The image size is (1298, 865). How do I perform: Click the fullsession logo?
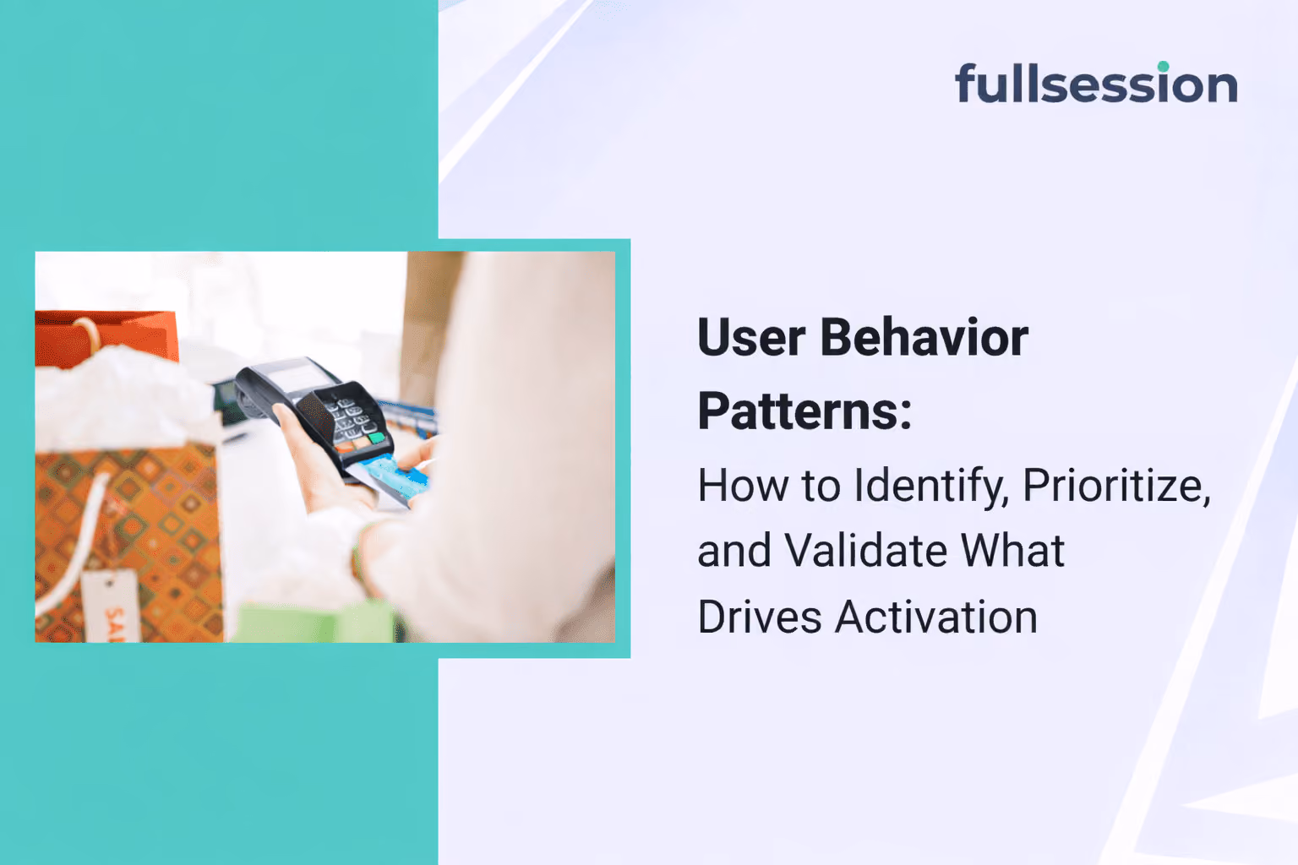[1096, 82]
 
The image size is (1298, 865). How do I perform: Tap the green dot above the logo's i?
[1163, 66]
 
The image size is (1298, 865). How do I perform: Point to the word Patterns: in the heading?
[804, 411]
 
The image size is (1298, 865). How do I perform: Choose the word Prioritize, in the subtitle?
[1116, 486]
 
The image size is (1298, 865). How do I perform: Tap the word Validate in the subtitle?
[865, 551]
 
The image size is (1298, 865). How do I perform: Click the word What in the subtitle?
[1013, 551]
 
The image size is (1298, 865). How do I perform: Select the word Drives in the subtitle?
[760, 617]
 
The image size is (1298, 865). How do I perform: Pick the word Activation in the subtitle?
[935, 617]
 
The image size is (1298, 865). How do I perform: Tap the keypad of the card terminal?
[352, 418]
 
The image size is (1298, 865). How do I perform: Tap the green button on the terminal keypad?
[377, 437]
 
